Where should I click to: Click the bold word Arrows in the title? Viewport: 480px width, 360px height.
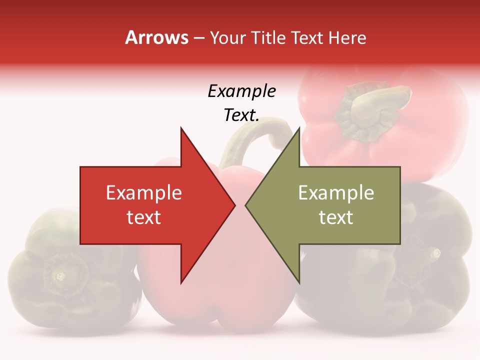pos(156,37)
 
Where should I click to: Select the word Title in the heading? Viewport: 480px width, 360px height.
pos(269,37)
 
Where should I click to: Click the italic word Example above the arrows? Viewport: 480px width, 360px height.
pos(241,91)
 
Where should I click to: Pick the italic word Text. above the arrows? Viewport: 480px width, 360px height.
pos(241,115)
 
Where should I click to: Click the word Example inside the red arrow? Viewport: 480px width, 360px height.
pos(143,192)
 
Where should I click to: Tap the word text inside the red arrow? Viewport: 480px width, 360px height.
pos(143,217)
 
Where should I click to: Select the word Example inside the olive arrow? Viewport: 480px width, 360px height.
pos(336,192)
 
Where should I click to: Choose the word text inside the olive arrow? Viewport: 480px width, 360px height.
pos(336,217)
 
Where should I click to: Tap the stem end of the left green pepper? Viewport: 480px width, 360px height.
pos(60,275)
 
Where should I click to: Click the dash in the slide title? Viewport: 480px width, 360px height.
pos(199,38)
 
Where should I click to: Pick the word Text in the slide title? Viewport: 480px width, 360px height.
pos(308,37)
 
